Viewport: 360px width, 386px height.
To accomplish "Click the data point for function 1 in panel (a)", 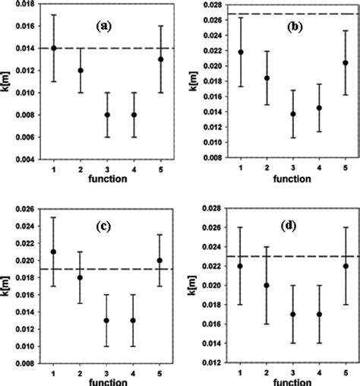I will tap(53, 48).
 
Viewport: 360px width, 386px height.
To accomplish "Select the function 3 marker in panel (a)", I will tap(107, 115).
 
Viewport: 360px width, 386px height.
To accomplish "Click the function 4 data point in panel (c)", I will tap(134, 320).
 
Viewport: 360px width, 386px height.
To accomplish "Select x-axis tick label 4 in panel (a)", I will tap(134, 169).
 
